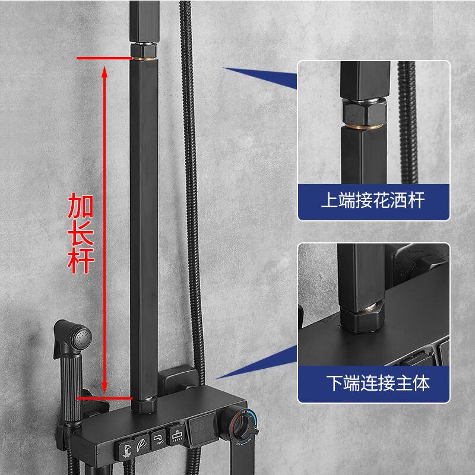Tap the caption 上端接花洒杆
(x=373, y=201)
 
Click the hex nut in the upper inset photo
(x=363, y=110)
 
